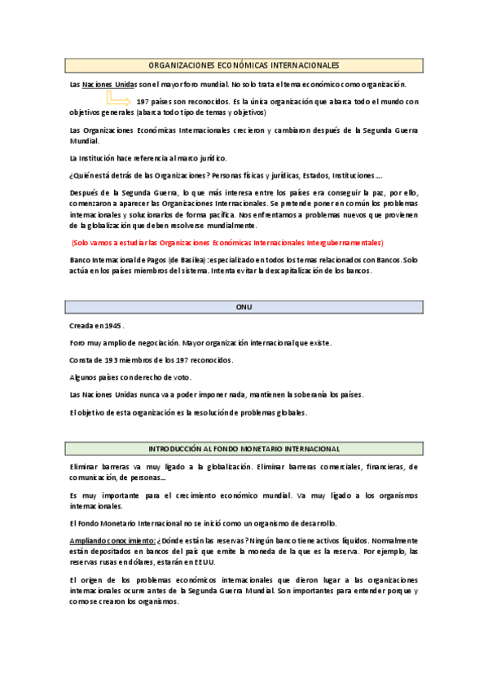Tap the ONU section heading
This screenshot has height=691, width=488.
tap(244, 306)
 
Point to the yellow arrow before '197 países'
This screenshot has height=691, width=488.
tap(120, 99)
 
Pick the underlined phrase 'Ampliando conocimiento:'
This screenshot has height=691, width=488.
tap(112, 541)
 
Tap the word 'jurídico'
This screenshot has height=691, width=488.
tap(211, 157)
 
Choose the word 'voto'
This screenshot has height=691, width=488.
tap(178, 377)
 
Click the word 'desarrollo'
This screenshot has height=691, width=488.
tap(314, 523)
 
